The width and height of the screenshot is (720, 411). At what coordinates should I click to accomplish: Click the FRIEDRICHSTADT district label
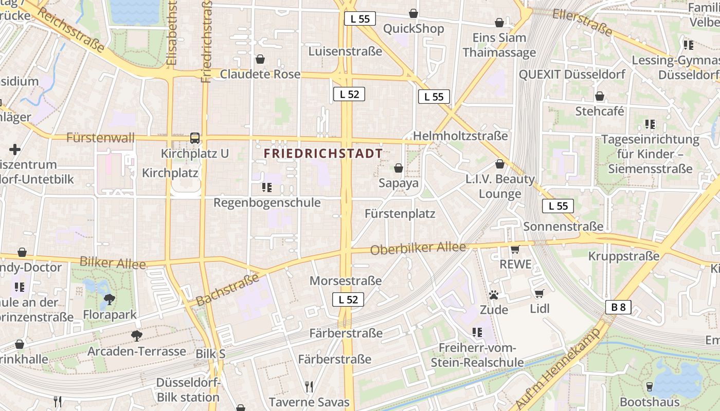point(323,153)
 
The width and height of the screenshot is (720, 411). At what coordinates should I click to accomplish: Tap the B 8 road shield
point(618,307)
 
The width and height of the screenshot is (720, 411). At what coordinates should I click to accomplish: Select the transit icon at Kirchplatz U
point(195,138)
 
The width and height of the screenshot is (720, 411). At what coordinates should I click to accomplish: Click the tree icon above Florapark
point(109,299)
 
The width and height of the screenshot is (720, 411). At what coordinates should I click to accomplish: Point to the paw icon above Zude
point(494,295)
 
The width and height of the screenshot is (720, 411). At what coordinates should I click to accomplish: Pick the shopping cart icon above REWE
point(515,249)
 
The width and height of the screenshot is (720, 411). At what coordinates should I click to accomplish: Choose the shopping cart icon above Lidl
point(539,293)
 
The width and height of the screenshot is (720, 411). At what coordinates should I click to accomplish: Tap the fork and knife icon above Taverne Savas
point(309,386)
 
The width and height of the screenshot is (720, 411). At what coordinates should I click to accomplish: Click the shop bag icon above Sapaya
point(398,168)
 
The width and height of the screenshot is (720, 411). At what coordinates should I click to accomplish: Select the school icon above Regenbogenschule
point(266,187)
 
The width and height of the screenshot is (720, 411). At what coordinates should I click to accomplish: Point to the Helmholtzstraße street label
point(460,136)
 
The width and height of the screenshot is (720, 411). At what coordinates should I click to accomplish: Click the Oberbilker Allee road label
point(418,248)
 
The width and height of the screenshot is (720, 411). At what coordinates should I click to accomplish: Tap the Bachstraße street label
point(227,290)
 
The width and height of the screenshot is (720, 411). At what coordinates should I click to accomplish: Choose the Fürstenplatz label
point(400,214)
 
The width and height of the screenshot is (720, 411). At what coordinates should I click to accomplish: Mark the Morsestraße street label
point(345,281)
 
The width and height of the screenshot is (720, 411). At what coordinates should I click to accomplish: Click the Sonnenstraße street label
point(563,227)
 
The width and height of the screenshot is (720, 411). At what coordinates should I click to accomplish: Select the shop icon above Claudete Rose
point(260,59)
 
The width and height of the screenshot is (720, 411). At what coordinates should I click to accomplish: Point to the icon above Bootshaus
point(649,386)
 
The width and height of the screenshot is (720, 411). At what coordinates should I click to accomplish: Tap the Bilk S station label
point(210,354)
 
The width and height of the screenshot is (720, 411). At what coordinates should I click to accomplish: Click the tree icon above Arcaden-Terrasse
point(136,336)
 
